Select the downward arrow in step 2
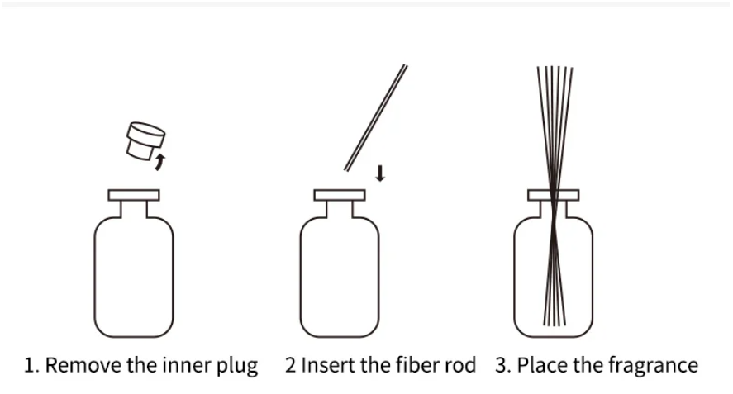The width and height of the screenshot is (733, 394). coord(379,173)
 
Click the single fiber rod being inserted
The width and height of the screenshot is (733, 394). coord(375,116)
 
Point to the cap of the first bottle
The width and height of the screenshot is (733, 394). coord(133,197)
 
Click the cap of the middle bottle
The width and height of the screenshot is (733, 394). coord(340,197)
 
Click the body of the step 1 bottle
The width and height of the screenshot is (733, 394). coord(133,277)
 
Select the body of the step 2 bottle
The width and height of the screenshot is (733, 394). coord(340,277)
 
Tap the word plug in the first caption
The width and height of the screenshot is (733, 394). coord(239,366)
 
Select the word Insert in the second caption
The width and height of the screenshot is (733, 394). coord(327,365)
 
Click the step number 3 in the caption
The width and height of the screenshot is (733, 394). coord(502,365)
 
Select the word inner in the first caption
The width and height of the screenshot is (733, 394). coord(188,365)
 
